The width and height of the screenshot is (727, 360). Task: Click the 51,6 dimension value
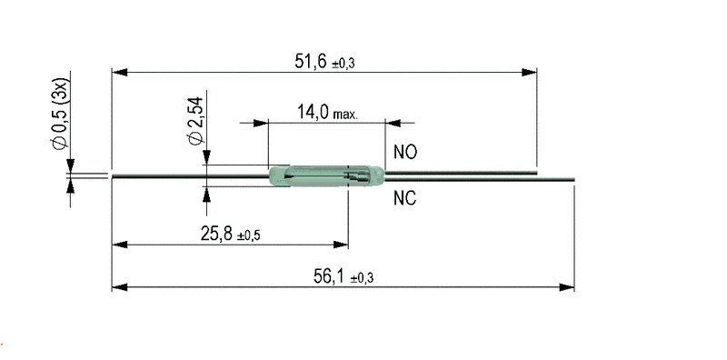pyautogui.click(x=311, y=61)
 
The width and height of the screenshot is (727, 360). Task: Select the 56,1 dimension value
pyautogui.click(x=329, y=276)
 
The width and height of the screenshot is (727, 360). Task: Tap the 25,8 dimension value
pyautogui.click(x=216, y=234)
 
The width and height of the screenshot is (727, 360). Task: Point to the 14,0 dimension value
pyautogui.click(x=313, y=112)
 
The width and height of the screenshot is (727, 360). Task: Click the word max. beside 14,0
pyautogui.click(x=345, y=115)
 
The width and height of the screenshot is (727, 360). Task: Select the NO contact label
pyautogui.click(x=405, y=152)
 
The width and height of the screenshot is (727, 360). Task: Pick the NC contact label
pyautogui.click(x=405, y=198)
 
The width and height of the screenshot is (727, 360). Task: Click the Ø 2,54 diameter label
pyautogui.click(x=195, y=121)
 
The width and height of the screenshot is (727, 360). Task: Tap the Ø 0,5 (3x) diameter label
pyautogui.click(x=60, y=114)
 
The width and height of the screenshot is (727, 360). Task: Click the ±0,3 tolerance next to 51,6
pyautogui.click(x=344, y=63)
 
